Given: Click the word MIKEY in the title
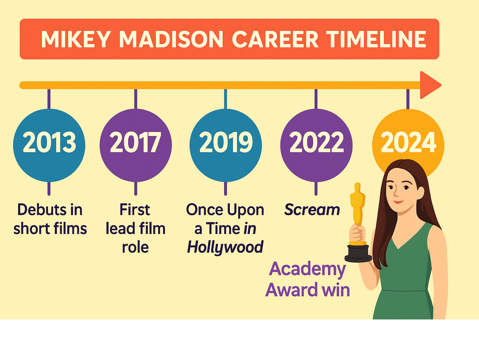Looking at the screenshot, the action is [x=76, y=39].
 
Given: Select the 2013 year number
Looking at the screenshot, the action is [x=50, y=142].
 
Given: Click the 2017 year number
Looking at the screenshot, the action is [x=135, y=142].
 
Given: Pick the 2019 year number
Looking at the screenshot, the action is [x=226, y=142].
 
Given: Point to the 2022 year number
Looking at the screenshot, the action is [x=317, y=142].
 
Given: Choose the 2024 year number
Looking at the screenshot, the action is [x=408, y=142].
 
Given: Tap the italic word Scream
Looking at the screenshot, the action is [x=312, y=210].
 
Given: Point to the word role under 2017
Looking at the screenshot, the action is [x=135, y=247].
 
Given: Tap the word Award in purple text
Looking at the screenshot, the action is [x=292, y=290].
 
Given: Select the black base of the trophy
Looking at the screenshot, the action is [x=358, y=253].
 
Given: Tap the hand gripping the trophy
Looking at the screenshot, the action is [x=357, y=233].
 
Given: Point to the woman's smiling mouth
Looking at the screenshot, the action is [x=399, y=202].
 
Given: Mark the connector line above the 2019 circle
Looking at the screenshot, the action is [x=226, y=99].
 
